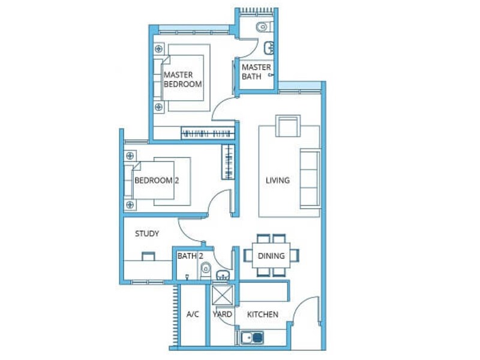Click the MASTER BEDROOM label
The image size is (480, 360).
(183, 79)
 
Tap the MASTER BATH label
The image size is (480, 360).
(256, 71)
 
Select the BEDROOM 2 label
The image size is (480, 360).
(157, 181)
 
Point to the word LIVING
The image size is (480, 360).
(278, 181)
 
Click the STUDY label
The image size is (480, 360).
(147, 233)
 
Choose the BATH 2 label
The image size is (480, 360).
(190, 256)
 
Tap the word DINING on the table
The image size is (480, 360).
(271, 256)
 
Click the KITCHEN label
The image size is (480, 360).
(263, 314)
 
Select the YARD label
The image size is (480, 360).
(222, 314)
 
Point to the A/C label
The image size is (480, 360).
(193, 314)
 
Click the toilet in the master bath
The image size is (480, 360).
(265, 26)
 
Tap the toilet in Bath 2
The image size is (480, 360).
(206, 271)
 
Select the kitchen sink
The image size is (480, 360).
(252, 338)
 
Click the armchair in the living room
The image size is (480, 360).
(288, 126)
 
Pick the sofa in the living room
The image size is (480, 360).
(310, 179)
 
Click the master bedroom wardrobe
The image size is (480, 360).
(208, 133)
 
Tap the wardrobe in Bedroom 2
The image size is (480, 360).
(228, 161)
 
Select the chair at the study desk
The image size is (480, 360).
(148, 256)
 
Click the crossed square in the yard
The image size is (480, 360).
(223, 295)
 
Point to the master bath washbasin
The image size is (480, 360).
(269, 48)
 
